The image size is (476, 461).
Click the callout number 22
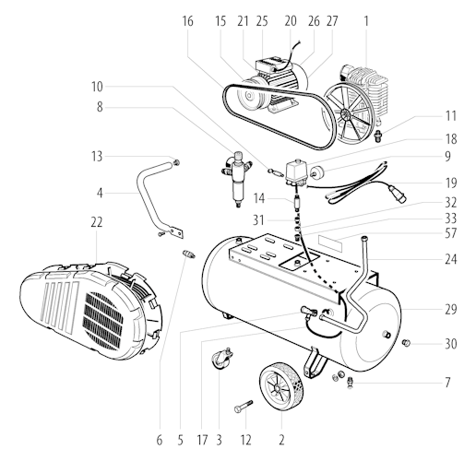click(96, 222)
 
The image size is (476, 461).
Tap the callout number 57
click(450, 233)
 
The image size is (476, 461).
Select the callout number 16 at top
click(187, 21)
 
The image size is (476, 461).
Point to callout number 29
click(451, 309)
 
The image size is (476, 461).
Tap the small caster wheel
click(221, 359)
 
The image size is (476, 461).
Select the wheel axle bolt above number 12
click(244, 407)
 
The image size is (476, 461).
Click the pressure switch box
click(296, 172)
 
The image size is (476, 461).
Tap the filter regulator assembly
click(237, 178)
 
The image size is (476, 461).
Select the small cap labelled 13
click(176, 162)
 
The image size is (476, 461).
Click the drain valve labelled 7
click(350, 383)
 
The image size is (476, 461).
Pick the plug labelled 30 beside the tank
click(406, 342)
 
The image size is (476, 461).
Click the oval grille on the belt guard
click(104, 321)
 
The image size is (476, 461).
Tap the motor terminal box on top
click(268, 65)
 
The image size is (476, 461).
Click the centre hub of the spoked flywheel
click(345, 115)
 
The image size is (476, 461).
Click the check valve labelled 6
click(188, 254)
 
